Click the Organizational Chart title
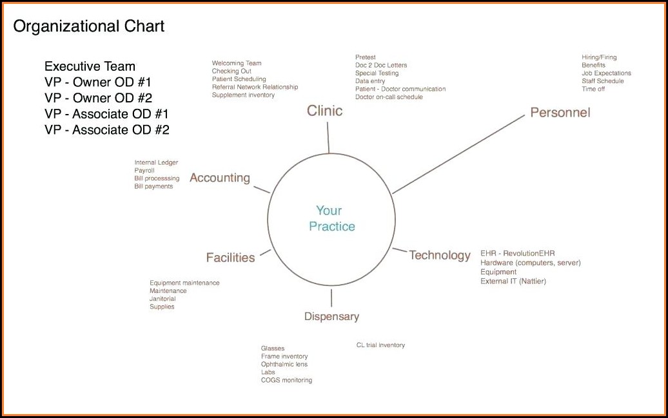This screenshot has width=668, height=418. click(88, 27)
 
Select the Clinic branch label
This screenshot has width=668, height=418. click(324, 111)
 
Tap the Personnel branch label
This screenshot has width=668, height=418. click(560, 112)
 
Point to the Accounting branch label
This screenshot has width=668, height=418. click(220, 178)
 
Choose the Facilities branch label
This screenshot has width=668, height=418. click(230, 258)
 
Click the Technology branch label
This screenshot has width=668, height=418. click(440, 256)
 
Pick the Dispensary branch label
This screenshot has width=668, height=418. click(331, 317)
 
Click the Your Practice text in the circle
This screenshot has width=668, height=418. click(332, 218)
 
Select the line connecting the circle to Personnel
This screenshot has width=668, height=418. click(458, 154)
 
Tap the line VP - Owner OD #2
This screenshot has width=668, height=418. click(99, 98)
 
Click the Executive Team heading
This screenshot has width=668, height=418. click(90, 66)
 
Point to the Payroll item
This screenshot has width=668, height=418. click(144, 170)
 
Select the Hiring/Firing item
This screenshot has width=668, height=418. click(599, 57)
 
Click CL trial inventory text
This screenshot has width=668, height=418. click(380, 345)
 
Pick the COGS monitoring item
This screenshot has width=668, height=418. click(286, 380)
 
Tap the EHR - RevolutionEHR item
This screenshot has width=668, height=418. click(518, 253)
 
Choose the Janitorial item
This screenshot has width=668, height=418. click(162, 299)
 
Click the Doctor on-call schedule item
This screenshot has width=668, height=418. click(389, 97)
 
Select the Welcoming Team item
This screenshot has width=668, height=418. click(237, 63)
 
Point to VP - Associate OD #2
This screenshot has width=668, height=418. click(107, 130)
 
